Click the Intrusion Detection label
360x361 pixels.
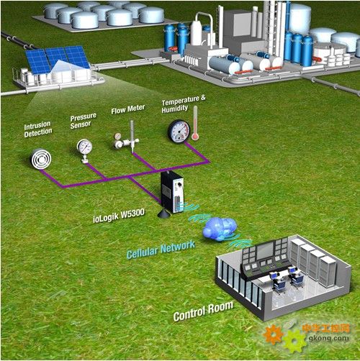38,129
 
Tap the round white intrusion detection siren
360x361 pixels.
41,159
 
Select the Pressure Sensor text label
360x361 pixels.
83,121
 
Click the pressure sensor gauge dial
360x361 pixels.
84,147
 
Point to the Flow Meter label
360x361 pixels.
128,109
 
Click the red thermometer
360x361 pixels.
195,124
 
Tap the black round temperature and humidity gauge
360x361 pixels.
179,131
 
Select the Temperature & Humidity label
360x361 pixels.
184,104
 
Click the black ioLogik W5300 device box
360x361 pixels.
172,191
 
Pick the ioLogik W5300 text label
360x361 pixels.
119,215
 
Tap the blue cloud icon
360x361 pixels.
220,229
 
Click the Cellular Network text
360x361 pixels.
161,250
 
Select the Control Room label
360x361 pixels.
203,311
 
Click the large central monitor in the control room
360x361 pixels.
265,251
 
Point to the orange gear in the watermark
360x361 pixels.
273,334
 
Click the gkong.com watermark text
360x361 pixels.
328,338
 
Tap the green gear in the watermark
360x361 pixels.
294,342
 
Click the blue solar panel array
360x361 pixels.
57,59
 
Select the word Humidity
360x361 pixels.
175,109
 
